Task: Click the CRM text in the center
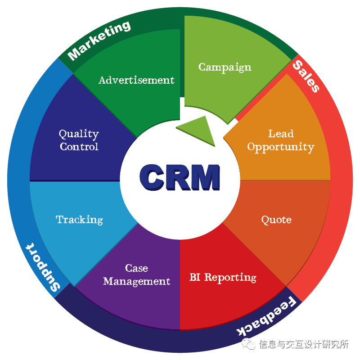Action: [180, 176]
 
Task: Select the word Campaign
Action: [225, 67]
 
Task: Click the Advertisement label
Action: [136, 80]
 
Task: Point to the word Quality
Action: [79, 134]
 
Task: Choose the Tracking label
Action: [79, 220]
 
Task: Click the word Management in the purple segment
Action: [136, 282]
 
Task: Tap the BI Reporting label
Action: [223, 277]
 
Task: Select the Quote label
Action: [276, 220]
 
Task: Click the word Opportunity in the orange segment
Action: [280, 147]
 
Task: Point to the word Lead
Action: [281, 134]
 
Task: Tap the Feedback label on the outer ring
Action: [268, 318]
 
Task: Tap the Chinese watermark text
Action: [304, 345]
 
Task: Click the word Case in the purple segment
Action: [136, 268]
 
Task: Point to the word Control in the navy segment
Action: [79, 147]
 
